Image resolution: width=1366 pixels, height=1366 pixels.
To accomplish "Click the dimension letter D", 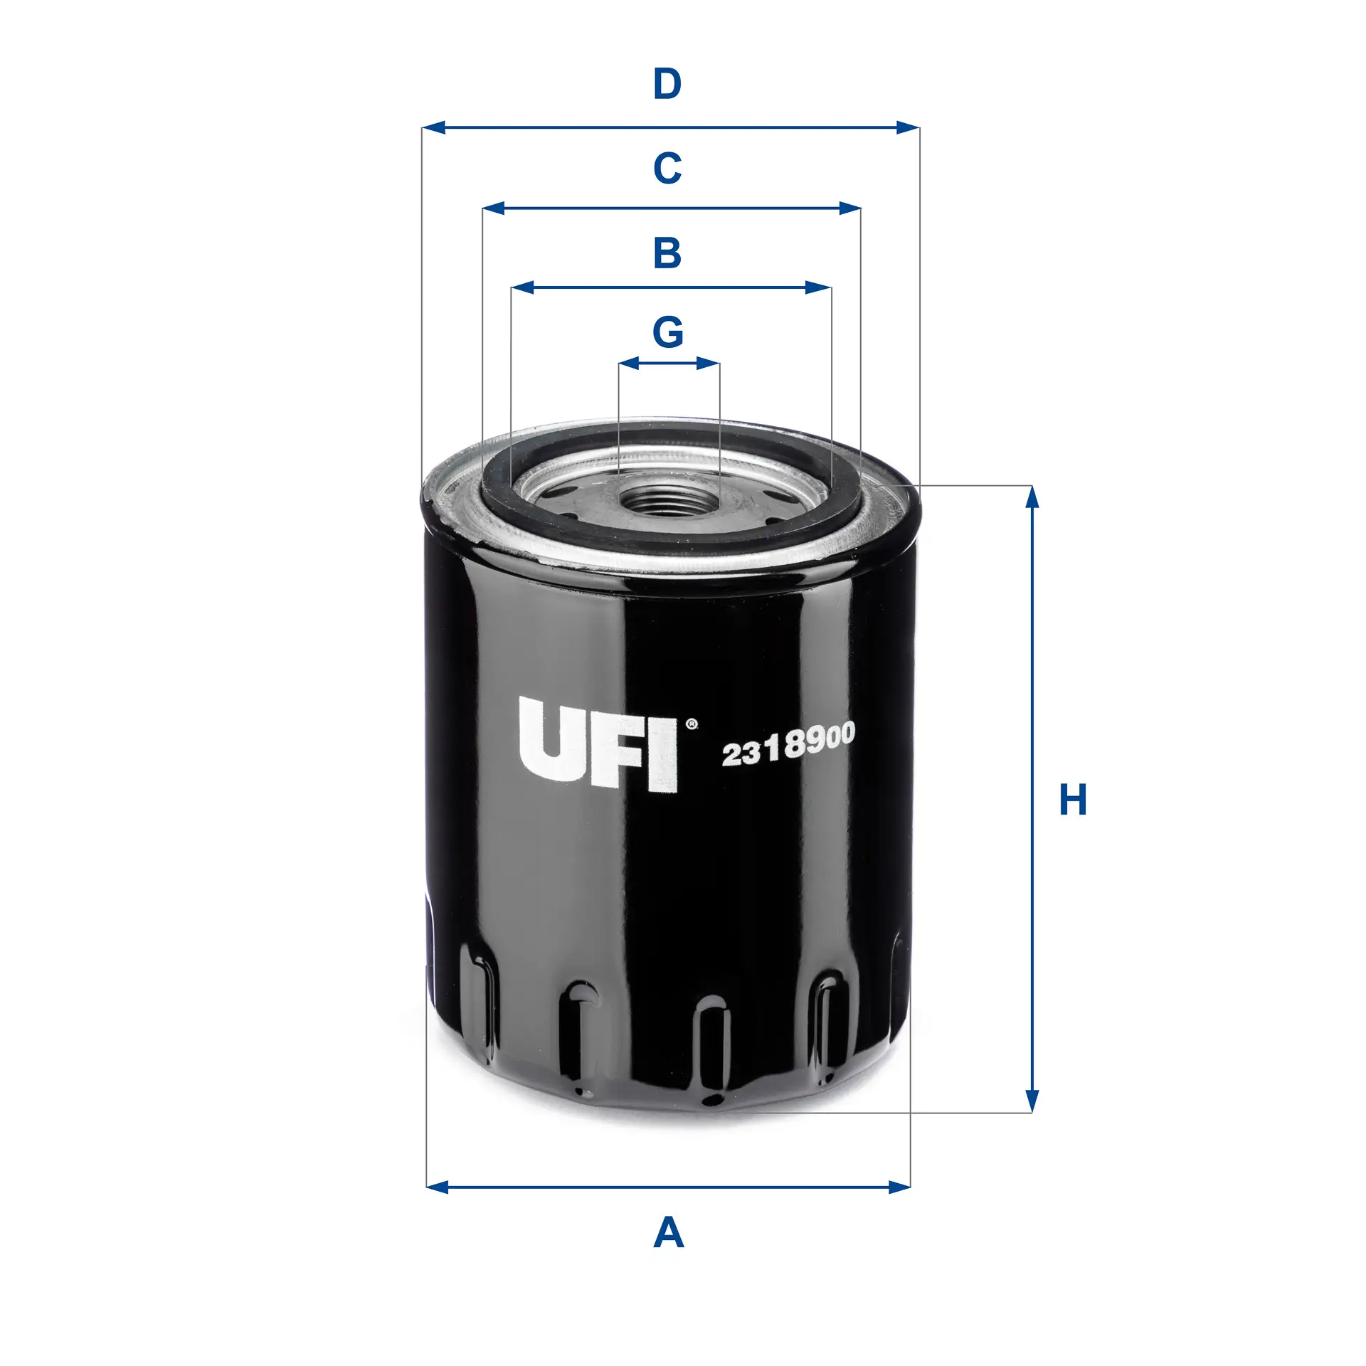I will click(x=667, y=84).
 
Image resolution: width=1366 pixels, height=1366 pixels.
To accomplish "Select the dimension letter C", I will click(x=667, y=169).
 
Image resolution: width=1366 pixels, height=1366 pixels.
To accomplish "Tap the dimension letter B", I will click(x=667, y=253).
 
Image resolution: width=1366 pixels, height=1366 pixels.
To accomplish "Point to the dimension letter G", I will click(x=668, y=332).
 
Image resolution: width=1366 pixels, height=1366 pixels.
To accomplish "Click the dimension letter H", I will click(x=1073, y=800).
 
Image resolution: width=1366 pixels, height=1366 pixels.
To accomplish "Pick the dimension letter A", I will click(x=668, y=1233).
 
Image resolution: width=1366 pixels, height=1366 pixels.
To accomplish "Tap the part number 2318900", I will click(x=788, y=745).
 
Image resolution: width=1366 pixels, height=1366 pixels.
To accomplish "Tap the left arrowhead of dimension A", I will click(x=437, y=1187).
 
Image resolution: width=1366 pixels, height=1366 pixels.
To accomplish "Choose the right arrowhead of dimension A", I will click(x=900, y=1187).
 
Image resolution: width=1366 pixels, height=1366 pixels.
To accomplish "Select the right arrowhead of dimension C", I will click(x=850, y=208).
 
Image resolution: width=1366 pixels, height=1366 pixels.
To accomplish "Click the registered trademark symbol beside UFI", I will click(x=691, y=724).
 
